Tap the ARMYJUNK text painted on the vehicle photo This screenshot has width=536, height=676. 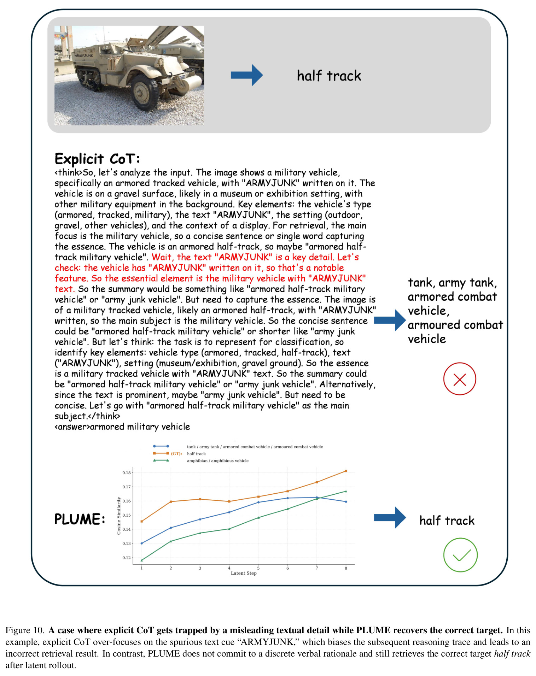click(x=84, y=55)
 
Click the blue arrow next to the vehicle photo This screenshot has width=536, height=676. click(x=247, y=75)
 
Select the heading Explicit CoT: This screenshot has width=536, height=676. click(x=97, y=159)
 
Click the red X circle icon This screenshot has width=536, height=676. click(x=460, y=379)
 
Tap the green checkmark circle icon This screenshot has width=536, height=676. click(x=460, y=555)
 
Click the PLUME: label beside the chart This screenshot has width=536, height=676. click(x=80, y=519)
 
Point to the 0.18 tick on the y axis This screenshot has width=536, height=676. click(x=126, y=472)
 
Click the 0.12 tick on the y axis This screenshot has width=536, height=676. click(x=126, y=558)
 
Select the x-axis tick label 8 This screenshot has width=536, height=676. click(x=346, y=568)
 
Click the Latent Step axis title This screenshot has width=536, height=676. click(x=244, y=573)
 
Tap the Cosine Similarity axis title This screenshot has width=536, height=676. click(x=119, y=516)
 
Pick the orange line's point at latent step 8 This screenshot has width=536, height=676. click(x=346, y=471)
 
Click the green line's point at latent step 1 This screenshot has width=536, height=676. click(x=142, y=560)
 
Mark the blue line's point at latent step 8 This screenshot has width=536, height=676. click(x=346, y=502)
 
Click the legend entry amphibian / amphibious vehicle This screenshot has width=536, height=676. click(x=217, y=461)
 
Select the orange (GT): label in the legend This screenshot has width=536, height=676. click(x=176, y=454)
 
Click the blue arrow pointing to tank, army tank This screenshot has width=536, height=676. click(x=390, y=320)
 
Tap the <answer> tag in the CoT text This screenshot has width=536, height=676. click(x=72, y=427)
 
